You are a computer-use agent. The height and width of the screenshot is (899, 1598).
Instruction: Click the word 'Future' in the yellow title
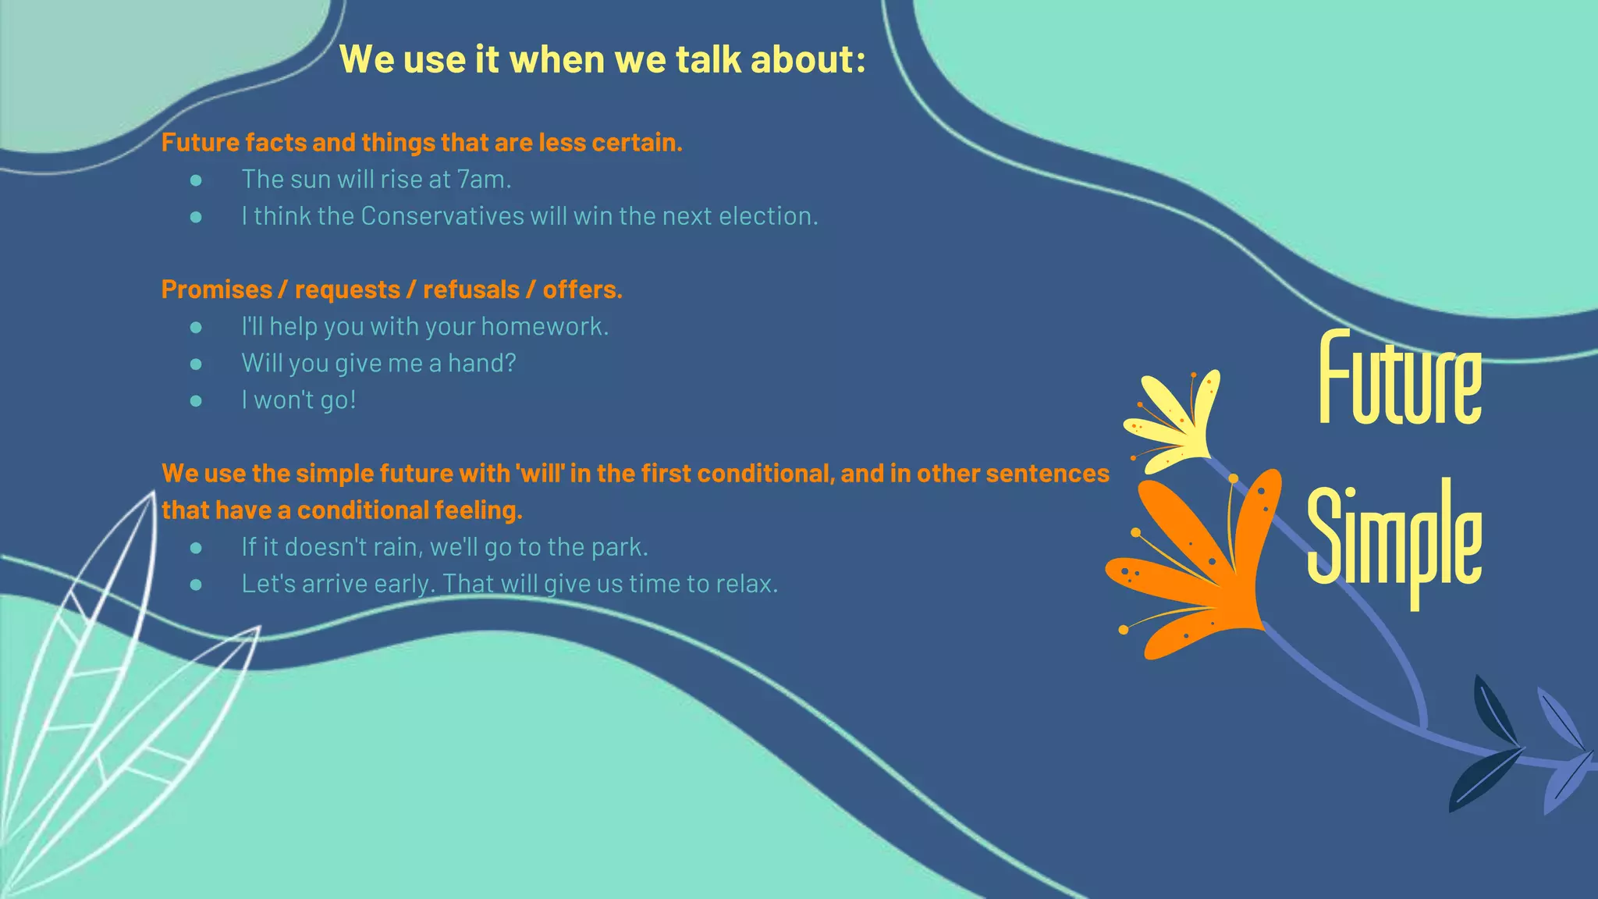pyautogui.click(x=1400, y=378)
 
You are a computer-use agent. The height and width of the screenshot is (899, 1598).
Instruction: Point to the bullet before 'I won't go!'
pyautogui.click(x=196, y=401)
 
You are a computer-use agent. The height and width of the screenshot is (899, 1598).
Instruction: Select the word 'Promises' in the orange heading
pyautogui.click(x=216, y=290)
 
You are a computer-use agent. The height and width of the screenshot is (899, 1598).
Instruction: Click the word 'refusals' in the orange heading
pyautogui.click(x=471, y=290)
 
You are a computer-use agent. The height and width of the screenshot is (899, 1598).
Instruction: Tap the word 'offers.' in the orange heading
pyautogui.click(x=582, y=290)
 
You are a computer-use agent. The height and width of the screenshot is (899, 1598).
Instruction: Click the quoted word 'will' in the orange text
pyautogui.click(x=539, y=474)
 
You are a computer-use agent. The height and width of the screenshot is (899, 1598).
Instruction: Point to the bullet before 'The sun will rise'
pyautogui.click(x=196, y=180)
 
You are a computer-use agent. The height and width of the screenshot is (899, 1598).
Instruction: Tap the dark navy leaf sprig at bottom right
pyautogui.click(x=1486, y=749)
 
